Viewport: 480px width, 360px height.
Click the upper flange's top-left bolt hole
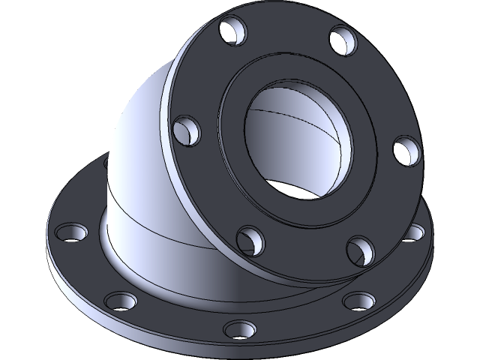(234, 31)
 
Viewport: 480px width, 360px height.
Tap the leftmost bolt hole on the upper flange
(186, 130)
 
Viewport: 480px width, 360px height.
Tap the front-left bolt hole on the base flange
(121, 301)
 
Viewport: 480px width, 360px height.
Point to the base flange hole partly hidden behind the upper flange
(412, 233)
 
